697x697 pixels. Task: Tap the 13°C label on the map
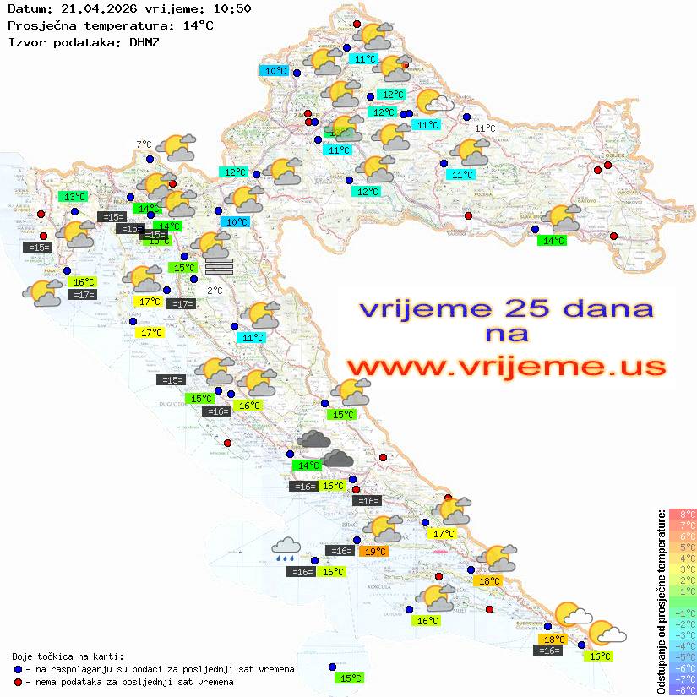coord(74,197)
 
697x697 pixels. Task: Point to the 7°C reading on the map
coord(144,144)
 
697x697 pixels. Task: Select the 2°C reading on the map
coord(215,290)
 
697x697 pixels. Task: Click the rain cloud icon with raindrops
coord(285,549)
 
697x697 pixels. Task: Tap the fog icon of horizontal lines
coord(218,266)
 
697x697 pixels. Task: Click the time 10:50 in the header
coord(231,8)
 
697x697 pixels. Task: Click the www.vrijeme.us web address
coord(505,367)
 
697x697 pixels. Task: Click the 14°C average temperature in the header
coord(199,25)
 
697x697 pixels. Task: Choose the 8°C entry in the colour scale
coord(683,514)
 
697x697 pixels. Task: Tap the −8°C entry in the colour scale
coord(683,689)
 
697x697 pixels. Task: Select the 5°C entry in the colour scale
coord(683,547)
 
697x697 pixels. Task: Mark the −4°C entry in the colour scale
coord(683,645)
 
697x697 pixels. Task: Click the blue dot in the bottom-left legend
coord(18,669)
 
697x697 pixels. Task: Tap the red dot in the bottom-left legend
coord(18,682)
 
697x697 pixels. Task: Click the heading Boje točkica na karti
coord(68,656)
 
